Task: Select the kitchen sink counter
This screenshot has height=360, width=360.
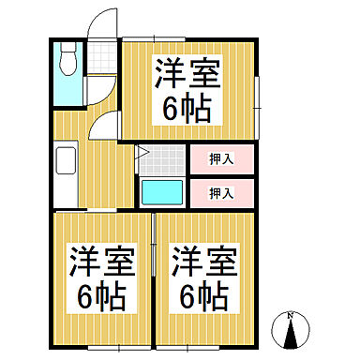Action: tap(67, 172)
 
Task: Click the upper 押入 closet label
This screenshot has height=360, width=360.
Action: tap(220, 159)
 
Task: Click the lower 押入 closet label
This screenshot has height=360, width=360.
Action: tap(220, 194)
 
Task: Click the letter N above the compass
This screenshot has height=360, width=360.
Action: tap(291, 314)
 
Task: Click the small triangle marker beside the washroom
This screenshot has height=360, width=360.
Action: tap(142, 150)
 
